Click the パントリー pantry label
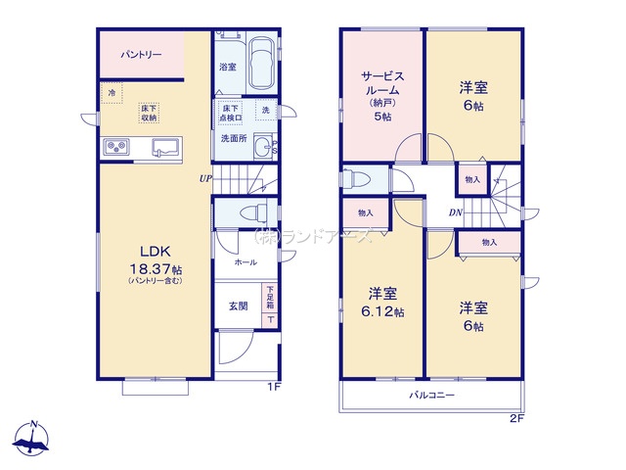coord(141,56)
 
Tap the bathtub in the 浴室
coord(260,64)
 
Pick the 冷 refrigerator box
coord(112,94)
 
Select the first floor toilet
coord(253,211)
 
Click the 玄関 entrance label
coord(238,305)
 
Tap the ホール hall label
coord(245,262)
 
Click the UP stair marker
coord(205,179)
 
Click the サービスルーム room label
coord(381,88)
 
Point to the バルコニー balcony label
coord(431,396)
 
